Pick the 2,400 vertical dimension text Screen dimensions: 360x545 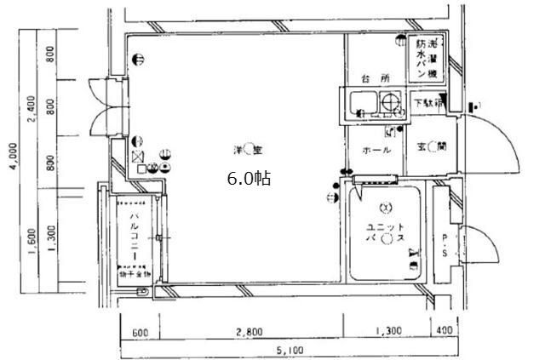pyautogui.click(x=32, y=111)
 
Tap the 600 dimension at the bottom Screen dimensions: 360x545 pyautogui.click(x=141, y=331)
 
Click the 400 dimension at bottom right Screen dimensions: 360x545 pyautogui.click(x=444, y=331)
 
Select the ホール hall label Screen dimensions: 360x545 pyautogui.click(x=376, y=151)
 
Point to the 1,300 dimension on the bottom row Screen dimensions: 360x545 pyautogui.click(x=387, y=331)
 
